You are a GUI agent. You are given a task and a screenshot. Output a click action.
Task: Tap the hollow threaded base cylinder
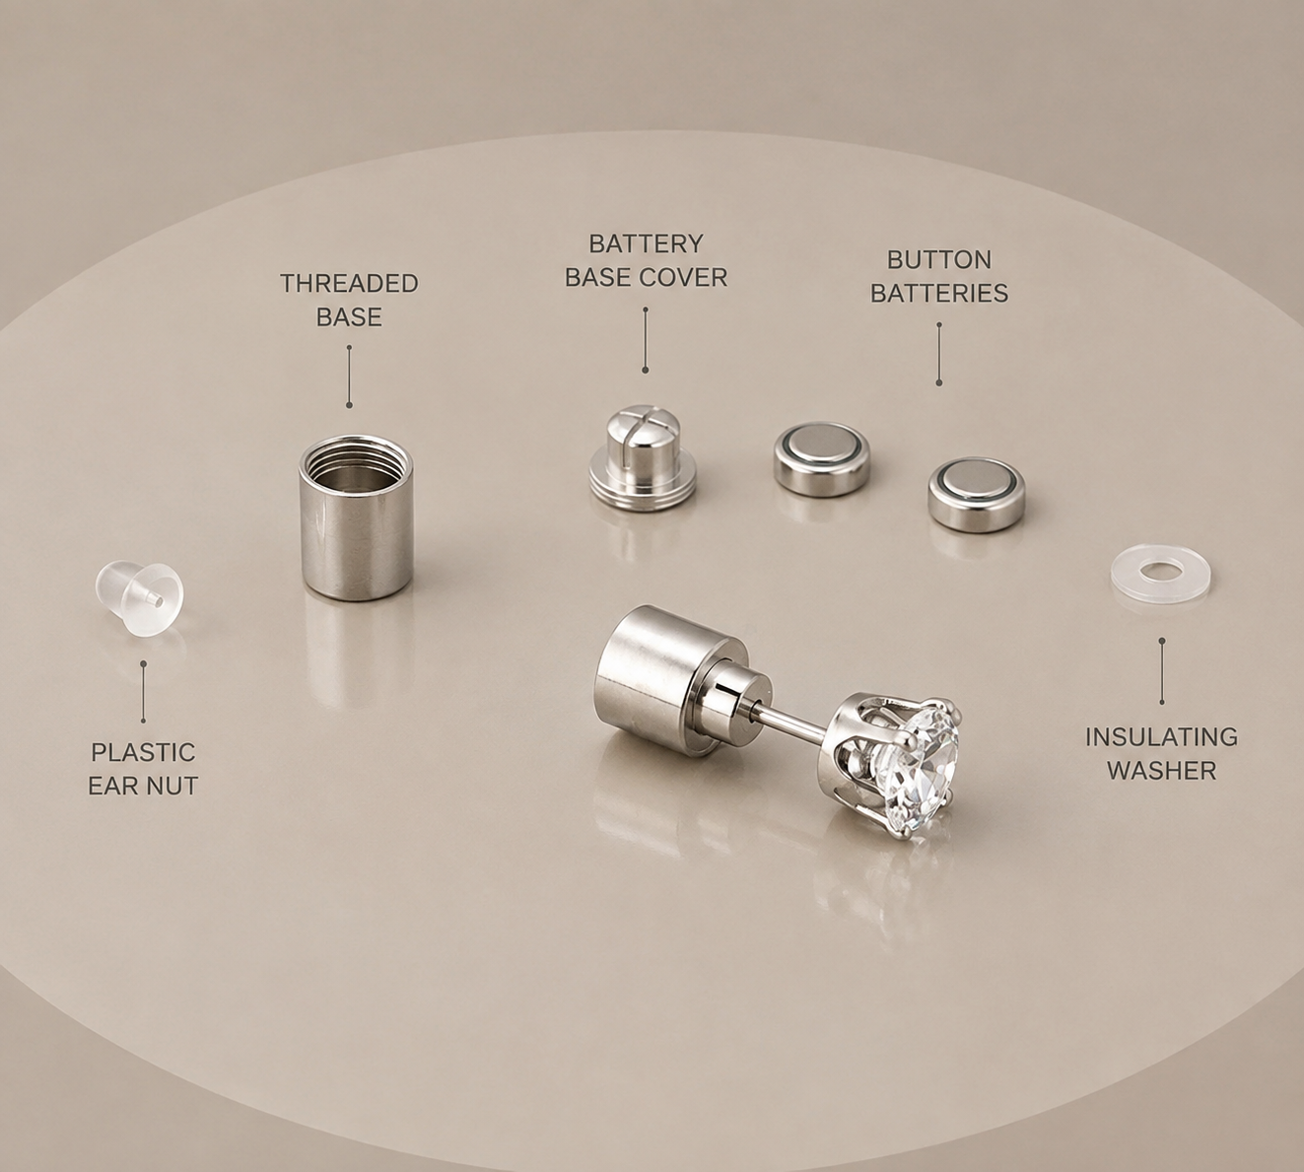[356, 517]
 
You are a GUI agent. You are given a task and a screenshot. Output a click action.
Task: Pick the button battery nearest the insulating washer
[977, 495]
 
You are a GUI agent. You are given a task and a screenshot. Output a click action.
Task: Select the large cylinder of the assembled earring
[656, 681]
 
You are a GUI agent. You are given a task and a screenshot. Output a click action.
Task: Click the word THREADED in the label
[349, 284]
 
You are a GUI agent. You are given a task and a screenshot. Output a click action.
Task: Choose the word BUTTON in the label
[939, 260]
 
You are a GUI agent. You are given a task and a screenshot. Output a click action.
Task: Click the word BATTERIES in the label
[939, 294]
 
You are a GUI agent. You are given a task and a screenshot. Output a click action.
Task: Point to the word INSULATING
[1162, 737]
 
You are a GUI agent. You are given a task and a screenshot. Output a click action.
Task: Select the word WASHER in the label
[1162, 771]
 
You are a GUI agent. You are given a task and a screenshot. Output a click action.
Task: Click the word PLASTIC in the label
[143, 752]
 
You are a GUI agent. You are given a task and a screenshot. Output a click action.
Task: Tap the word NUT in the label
[172, 787]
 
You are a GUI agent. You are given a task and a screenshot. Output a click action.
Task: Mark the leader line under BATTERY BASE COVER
[646, 339]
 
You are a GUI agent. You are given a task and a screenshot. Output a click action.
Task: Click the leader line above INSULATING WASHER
[1162, 671]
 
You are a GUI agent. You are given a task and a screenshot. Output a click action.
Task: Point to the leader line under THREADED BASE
[349, 376]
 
